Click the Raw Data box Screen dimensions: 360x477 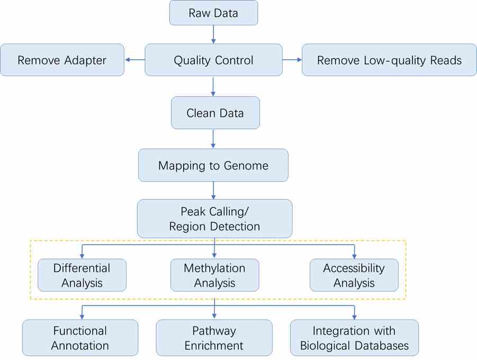[213, 13]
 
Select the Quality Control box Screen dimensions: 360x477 [213, 60]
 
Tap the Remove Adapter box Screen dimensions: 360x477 [62, 60]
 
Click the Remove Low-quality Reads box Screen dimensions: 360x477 [389, 60]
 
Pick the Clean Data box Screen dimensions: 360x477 [215, 113]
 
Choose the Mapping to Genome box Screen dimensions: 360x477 [213, 165]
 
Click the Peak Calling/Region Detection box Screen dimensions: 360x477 [214, 219]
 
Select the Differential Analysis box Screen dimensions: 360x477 [82, 275]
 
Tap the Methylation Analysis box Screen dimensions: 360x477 [214, 275]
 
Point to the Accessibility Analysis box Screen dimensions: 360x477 [354, 275]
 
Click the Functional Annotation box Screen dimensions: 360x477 [80, 338]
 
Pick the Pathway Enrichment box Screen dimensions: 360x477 [214, 338]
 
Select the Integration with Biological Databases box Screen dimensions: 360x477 [354, 338]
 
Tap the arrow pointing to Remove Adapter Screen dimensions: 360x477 [134, 60]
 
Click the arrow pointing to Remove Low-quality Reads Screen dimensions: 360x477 [291, 60]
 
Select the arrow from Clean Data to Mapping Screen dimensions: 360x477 [213, 139]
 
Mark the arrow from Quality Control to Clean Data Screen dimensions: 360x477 [213, 86]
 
